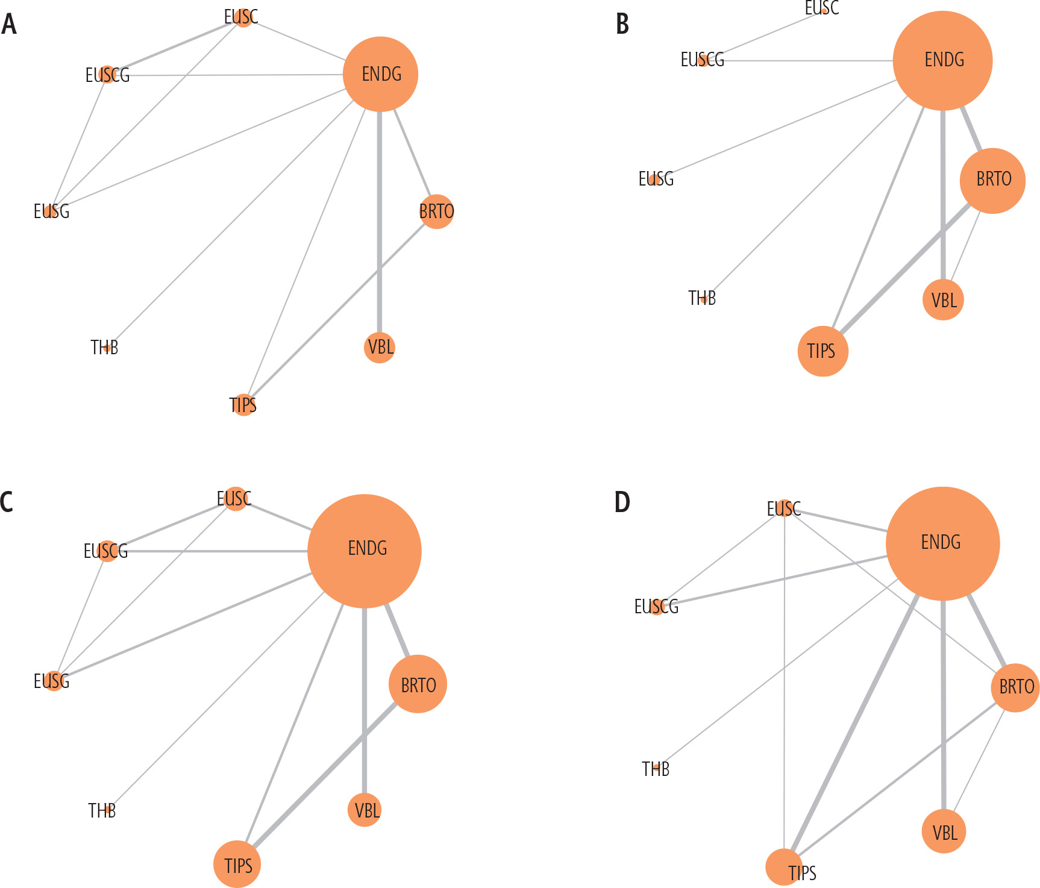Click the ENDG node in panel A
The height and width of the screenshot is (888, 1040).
pos(380,74)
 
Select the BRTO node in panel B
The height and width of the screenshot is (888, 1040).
pos(992,180)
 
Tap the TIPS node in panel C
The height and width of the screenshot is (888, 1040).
pos(237,864)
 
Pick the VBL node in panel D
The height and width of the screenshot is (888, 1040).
pos(944,832)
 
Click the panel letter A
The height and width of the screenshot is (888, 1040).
pos(9,25)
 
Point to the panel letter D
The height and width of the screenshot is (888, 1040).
pos(622,502)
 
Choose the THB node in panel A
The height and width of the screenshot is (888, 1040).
pos(107,348)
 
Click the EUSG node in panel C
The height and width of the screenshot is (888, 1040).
pos(54,681)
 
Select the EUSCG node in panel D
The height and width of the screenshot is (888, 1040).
pos(657,606)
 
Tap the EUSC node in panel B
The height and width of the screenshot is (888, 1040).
pos(824,10)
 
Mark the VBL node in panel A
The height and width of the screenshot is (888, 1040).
pos(380,348)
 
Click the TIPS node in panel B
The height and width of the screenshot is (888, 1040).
pos(822,351)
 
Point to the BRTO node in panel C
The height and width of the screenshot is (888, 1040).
pos(418,684)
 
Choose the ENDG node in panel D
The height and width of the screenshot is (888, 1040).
pos(942,543)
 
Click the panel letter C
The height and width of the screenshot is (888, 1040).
pos(7,502)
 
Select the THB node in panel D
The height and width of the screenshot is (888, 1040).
pos(656,769)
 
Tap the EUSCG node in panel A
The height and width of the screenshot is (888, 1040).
pos(107,75)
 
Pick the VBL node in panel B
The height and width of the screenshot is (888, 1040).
pos(943,299)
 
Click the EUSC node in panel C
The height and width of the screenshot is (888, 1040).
pos(235,499)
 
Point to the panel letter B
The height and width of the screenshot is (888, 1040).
pos(622,25)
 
